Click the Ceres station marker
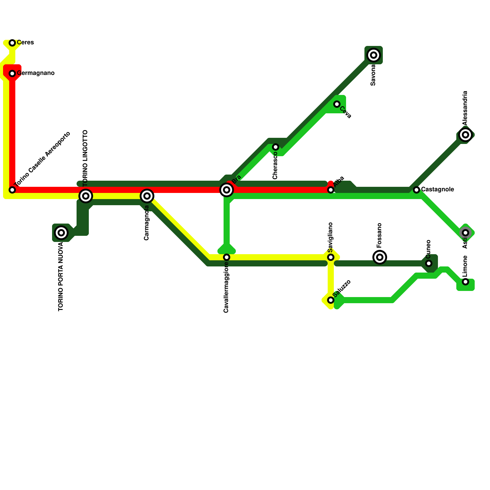point(12,43)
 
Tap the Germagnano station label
point(36,73)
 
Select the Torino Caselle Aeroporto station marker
point(12,190)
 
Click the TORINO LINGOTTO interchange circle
point(86,196)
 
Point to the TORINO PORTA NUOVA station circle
point(61,233)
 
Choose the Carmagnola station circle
point(147,196)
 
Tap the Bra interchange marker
point(227,190)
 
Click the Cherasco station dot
point(276,147)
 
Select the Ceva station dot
point(337,104)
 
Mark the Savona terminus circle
point(374,55)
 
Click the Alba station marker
point(331,190)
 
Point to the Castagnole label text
point(437,190)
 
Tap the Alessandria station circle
point(466,135)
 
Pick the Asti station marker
point(466,233)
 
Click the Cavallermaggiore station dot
point(227,257)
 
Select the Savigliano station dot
point(331,257)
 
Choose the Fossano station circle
point(380,257)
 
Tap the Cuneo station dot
point(429,263)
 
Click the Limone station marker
point(466,282)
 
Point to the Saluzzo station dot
point(331,300)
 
